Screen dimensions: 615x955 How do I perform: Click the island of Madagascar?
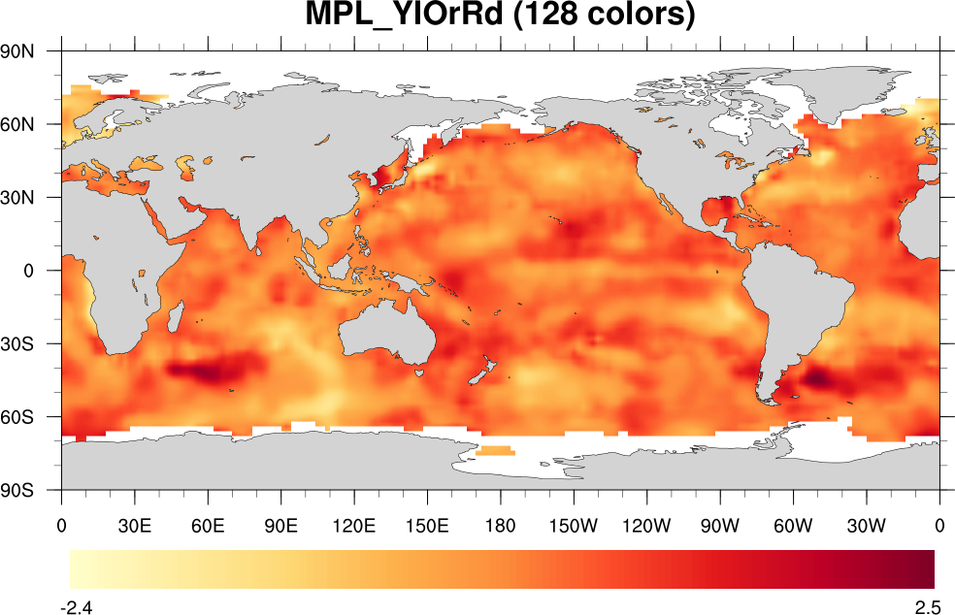(x=177, y=315)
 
